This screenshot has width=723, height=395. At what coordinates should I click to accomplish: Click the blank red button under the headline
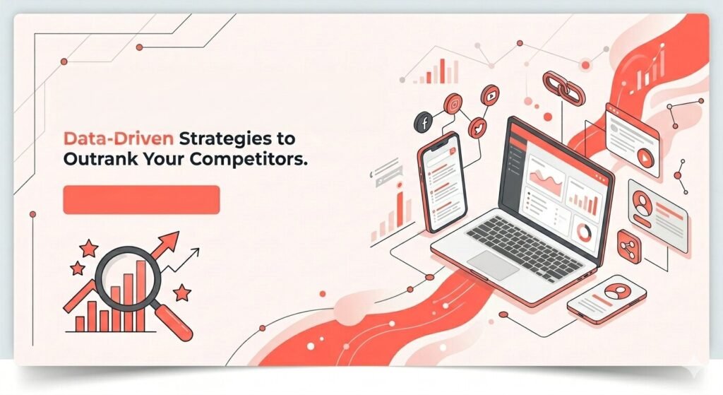[141, 199]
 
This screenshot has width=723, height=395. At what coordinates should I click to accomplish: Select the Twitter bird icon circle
[477, 126]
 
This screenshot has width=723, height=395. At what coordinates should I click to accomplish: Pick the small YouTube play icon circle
[490, 93]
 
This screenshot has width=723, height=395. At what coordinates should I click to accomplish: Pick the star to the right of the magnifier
[182, 291]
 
